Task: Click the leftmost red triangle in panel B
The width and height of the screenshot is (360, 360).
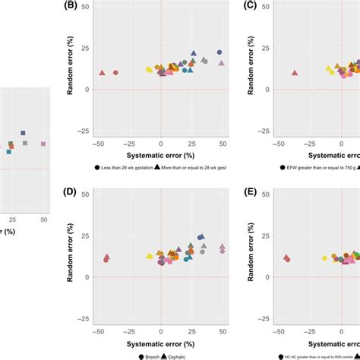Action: (102, 73)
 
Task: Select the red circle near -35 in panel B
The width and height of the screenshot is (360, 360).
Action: (116, 73)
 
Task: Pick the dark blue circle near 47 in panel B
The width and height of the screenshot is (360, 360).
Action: (219, 52)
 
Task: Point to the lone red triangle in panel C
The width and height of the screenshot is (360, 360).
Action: (295, 73)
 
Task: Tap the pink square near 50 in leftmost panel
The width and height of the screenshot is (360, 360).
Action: (43, 143)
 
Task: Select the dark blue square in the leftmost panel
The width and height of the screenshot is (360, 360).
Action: (23, 133)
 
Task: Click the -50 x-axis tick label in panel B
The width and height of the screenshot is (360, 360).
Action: (98, 143)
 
